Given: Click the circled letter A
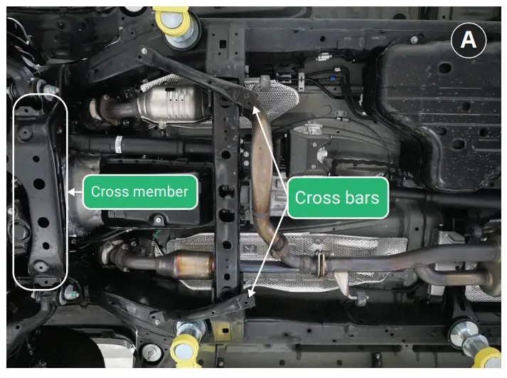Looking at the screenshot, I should [x=468, y=40].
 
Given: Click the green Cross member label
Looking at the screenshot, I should [x=139, y=191].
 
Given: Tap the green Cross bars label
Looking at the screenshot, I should [x=337, y=197].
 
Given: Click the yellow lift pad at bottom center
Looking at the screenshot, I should [x=186, y=349].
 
